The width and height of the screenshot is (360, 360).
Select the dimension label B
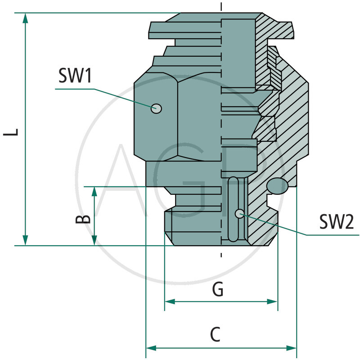tap(82, 219)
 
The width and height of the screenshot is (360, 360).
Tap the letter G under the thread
tap(218, 290)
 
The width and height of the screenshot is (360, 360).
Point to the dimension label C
tap(216, 335)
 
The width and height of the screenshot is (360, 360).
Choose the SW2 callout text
tap(337, 221)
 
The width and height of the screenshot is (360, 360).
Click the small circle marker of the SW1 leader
tap(156, 108)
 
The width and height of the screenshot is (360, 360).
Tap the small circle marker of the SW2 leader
tap(240, 213)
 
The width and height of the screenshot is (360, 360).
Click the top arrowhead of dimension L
tap(26, 18)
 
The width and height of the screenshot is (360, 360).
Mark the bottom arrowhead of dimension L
tap(26, 240)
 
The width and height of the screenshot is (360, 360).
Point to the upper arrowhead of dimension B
tap(94, 192)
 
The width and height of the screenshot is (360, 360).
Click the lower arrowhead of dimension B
tap(94, 240)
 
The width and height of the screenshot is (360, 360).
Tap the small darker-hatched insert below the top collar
tap(273, 67)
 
